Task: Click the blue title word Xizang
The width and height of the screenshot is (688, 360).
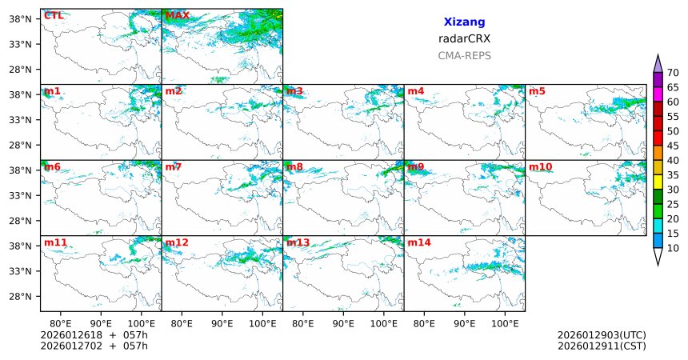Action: (464, 22)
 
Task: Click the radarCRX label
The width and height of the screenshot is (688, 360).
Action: (464, 38)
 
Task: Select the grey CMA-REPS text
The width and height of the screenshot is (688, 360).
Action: (464, 56)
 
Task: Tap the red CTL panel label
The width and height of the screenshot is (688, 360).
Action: (54, 15)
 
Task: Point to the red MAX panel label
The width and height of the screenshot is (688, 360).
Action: (177, 15)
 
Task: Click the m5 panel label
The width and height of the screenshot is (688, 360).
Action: (537, 91)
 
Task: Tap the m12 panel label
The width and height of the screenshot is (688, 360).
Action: (177, 242)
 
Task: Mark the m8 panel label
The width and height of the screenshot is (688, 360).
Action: (294, 166)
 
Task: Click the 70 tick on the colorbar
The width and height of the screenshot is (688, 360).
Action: (673, 73)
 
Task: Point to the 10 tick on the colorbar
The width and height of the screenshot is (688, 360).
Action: (673, 248)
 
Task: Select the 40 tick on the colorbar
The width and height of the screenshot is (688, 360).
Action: (673, 160)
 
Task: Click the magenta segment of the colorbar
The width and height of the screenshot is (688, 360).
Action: (658, 94)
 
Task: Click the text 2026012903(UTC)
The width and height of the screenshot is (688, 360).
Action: (602, 335)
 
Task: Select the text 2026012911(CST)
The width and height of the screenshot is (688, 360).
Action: (602, 346)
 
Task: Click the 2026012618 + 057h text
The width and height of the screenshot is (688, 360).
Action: (94, 335)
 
